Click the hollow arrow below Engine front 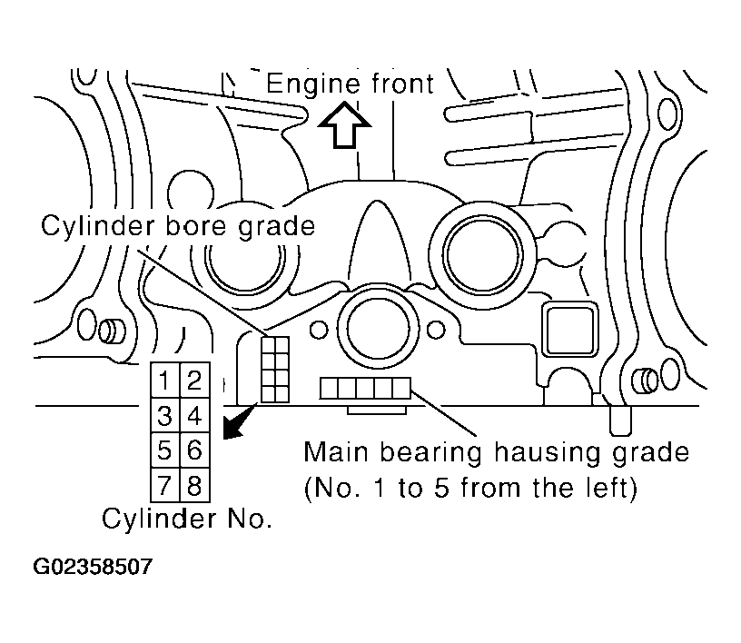coord(344,125)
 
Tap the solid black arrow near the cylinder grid coord(239,421)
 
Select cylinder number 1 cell coord(165,380)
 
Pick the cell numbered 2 coord(194,380)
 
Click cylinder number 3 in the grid coord(165,415)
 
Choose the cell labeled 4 coord(194,415)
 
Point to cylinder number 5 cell coord(165,450)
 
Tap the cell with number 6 coord(194,450)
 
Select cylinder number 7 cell coord(165,485)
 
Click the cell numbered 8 coord(194,485)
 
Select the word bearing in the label coord(431,453)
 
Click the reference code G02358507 coord(93,567)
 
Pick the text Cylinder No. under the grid coord(187,519)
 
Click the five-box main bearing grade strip coord(365,388)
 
